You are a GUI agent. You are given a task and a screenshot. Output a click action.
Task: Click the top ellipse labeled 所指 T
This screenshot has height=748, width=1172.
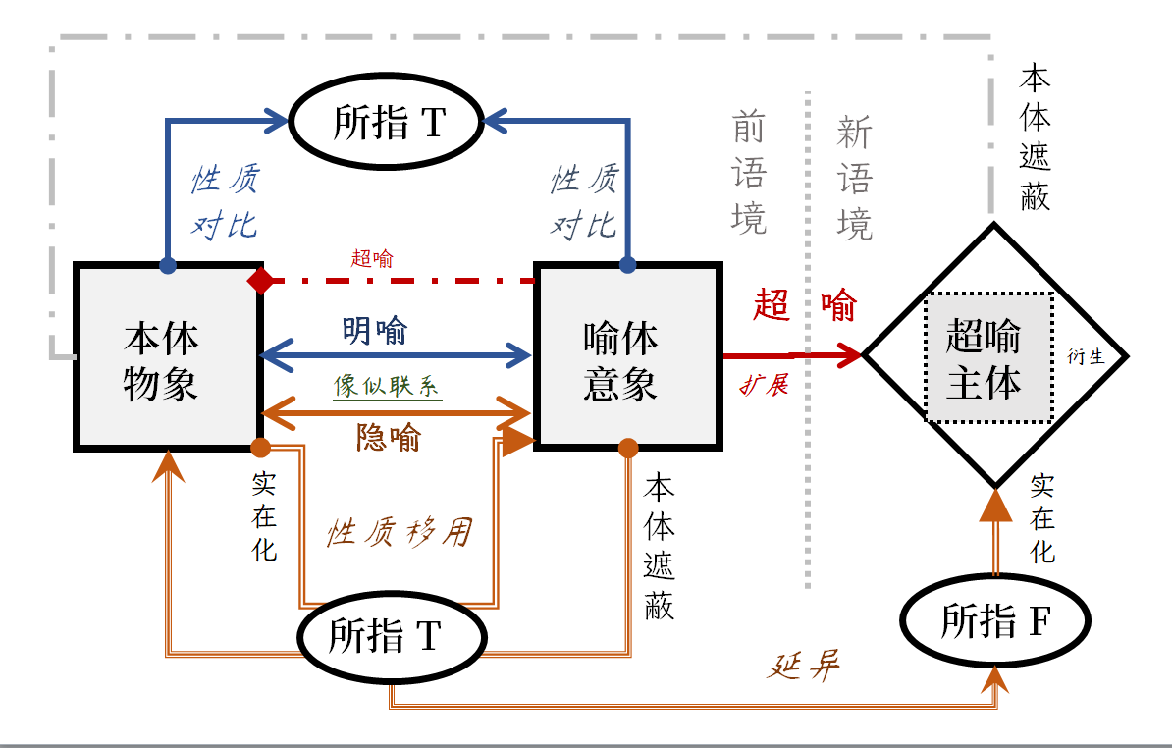tap(389, 122)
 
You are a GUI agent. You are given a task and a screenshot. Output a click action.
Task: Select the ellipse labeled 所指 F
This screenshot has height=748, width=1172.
tap(995, 620)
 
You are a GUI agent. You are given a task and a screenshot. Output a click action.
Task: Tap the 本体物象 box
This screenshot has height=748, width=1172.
tap(166, 356)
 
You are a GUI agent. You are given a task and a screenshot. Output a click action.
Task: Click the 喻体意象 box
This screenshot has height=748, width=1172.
tap(627, 356)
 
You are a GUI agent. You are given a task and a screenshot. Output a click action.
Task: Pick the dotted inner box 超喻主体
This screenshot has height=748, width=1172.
tap(987, 358)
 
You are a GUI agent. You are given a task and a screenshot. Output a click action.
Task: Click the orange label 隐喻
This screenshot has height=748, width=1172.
tap(389, 438)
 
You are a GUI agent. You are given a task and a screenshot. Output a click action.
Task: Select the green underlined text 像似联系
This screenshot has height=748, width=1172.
tap(387, 386)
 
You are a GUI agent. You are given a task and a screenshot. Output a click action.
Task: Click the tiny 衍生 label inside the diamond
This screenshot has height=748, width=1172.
tap(1086, 357)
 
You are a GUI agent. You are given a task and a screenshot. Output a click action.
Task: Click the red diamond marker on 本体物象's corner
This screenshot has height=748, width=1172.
tap(261, 281)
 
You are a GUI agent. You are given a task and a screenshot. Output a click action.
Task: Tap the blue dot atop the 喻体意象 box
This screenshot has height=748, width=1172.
tap(627, 265)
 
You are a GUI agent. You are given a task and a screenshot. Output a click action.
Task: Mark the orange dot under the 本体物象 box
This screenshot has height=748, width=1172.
tap(261, 448)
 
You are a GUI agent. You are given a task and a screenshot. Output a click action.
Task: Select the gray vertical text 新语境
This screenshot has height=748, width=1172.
tap(854, 177)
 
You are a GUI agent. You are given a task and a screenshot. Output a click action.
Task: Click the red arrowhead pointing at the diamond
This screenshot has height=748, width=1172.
tap(850, 354)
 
